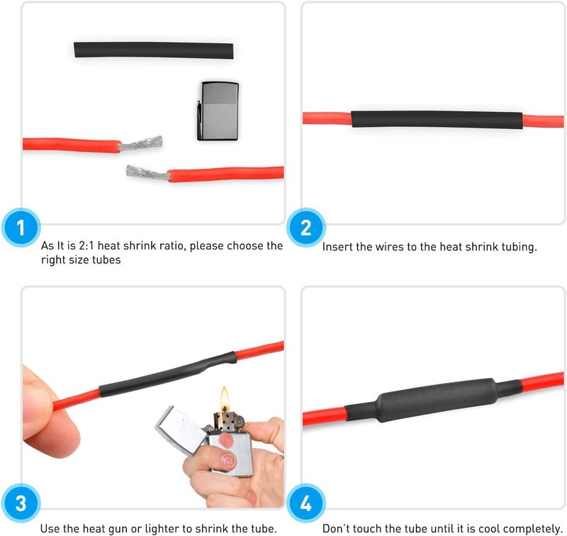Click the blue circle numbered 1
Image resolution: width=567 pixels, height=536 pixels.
(21, 228)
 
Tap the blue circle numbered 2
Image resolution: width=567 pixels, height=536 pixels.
(306, 228)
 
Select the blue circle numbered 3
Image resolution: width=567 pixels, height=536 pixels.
(21, 503)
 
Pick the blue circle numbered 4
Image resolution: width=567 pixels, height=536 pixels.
(306, 503)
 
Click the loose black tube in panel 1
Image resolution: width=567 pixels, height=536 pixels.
(154, 50)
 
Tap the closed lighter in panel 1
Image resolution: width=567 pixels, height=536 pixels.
(218, 111)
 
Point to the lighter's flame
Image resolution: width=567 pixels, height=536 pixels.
(225, 398)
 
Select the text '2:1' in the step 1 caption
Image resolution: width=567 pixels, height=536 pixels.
(86, 246)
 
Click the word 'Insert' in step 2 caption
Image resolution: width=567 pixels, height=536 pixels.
(337, 247)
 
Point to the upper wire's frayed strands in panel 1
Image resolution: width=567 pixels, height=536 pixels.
(140, 143)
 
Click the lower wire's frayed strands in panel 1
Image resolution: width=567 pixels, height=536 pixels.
(148, 172)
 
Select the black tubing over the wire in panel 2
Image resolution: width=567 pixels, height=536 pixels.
(437, 119)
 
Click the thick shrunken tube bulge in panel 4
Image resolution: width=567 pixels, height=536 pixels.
(437, 401)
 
